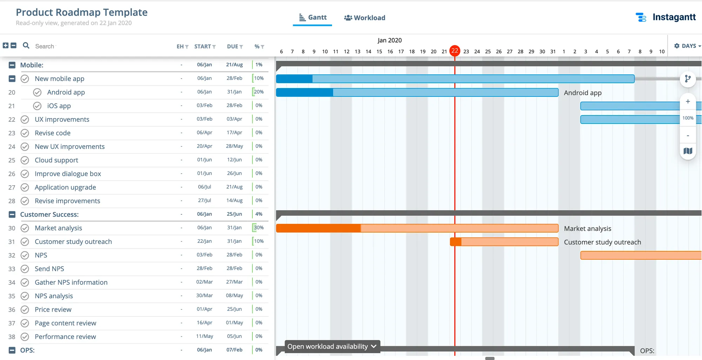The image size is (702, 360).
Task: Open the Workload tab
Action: coord(365,18)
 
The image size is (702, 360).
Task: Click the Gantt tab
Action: coord(313,18)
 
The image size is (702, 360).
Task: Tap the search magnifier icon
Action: coord(26,46)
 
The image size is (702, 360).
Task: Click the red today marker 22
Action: coord(455,51)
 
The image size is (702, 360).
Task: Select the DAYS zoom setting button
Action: coord(687,46)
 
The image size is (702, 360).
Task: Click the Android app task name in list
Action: coord(66,92)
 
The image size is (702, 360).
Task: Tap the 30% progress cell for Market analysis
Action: coord(259,228)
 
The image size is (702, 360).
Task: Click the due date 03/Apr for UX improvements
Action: coord(234,119)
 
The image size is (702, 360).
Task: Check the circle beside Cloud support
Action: coord(25,160)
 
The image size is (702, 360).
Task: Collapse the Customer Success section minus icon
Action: coord(12,214)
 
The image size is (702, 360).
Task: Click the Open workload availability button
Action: coord(332,346)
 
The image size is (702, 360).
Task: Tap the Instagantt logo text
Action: coord(674,17)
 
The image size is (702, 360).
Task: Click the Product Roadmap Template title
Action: coord(81,12)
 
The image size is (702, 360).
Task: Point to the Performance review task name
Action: coord(65,337)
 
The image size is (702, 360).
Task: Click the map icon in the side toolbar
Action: coord(688,151)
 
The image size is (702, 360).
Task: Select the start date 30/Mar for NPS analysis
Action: coord(204,296)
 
